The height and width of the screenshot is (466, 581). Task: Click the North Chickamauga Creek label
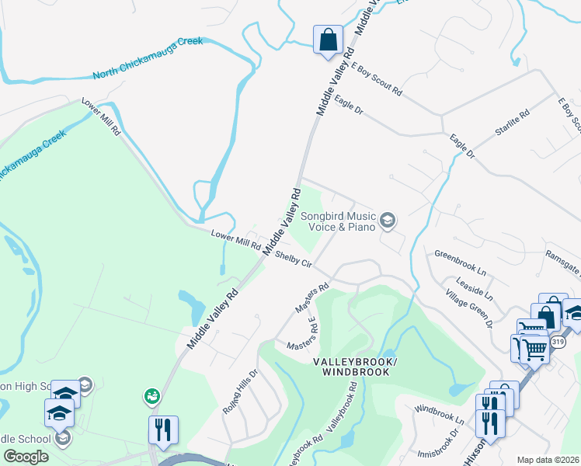pyautogui.click(x=148, y=58)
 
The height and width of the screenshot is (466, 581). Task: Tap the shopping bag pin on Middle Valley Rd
pyautogui.click(x=328, y=40)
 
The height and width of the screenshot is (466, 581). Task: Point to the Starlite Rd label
pyautogui.click(x=513, y=124)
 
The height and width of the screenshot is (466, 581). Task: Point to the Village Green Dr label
pyautogui.click(x=469, y=309)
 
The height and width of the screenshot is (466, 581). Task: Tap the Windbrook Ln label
pyautogui.click(x=439, y=413)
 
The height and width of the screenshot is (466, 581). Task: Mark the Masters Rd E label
pyautogui.click(x=303, y=334)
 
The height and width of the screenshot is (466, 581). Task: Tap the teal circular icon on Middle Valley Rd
pyautogui.click(x=151, y=397)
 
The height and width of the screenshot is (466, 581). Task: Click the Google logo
pyautogui.click(x=26, y=457)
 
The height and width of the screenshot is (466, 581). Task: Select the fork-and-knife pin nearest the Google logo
pyautogui.click(x=163, y=429)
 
